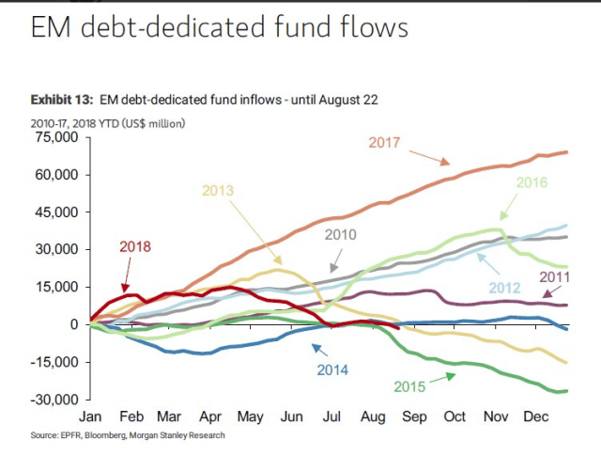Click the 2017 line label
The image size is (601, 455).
385,144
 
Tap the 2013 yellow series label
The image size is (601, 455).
218,191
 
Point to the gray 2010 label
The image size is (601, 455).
341,233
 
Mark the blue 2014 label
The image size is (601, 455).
331,369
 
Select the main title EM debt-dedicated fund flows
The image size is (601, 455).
220,28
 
